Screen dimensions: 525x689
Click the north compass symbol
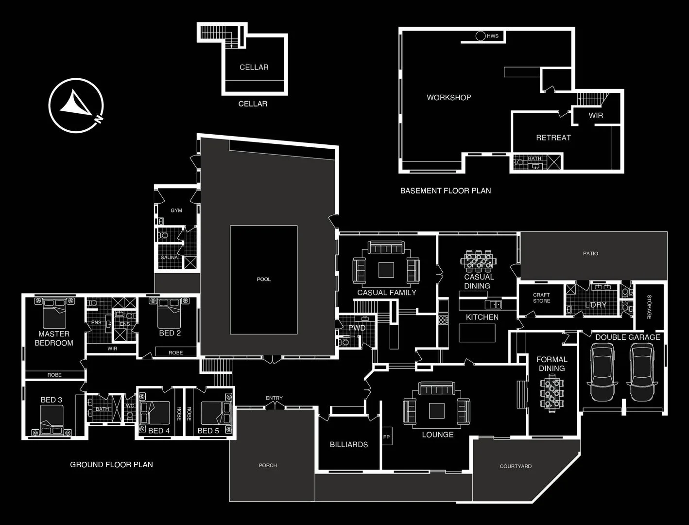(x=76, y=105)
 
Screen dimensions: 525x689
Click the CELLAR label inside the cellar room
(x=254, y=67)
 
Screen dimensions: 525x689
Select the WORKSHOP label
(x=448, y=97)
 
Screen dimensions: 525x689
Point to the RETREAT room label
(x=553, y=138)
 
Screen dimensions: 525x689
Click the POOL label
(x=263, y=279)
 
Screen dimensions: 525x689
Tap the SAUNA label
(x=170, y=257)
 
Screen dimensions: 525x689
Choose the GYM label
(x=176, y=210)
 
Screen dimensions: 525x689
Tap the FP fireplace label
(x=386, y=437)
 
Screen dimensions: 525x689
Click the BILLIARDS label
(x=348, y=444)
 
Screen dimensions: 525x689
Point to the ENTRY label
(x=274, y=398)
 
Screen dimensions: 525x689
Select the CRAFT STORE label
(x=541, y=298)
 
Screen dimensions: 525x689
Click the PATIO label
(x=590, y=253)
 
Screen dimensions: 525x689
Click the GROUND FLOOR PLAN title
(x=111, y=464)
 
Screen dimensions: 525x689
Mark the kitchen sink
(x=495, y=304)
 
